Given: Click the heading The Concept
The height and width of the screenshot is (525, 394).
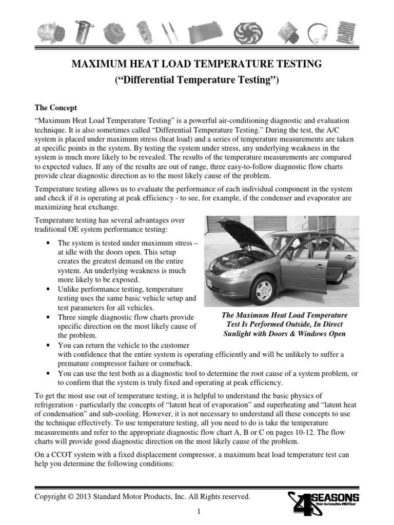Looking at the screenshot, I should pyautogui.click(x=55, y=108).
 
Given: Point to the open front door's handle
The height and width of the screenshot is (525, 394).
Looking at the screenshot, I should pyautogui.click(x=320, y=267).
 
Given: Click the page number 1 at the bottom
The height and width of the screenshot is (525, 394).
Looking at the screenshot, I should pyautogui.click(x=197, y=512).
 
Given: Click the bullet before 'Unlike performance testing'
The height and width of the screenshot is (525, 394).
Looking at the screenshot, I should pyautogui.click(x=48, y=289).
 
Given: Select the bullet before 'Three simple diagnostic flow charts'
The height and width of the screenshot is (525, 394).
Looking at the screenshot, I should pyautogui.click(x=48, y=317).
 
